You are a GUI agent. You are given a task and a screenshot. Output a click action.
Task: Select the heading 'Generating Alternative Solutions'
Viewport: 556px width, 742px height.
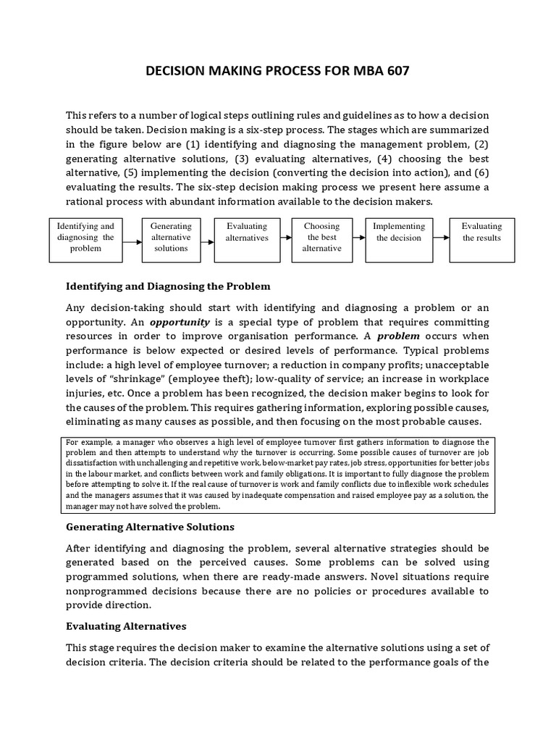point(150,526)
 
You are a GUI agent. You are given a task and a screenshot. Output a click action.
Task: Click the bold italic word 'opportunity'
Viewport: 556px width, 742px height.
point(180,322)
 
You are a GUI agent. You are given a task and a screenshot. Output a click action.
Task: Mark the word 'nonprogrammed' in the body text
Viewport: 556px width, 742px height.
point(102,591)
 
